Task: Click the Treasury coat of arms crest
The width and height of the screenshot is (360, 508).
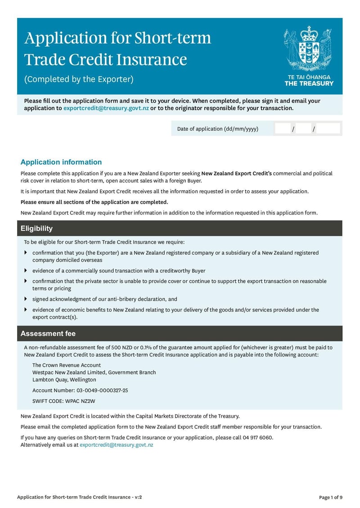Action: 309,49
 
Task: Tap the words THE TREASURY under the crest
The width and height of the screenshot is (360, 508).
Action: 309,83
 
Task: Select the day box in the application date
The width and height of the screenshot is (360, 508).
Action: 283,129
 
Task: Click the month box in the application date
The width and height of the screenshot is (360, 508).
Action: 304,129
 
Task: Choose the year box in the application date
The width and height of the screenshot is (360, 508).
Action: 328,129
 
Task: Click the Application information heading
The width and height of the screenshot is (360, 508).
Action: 61,162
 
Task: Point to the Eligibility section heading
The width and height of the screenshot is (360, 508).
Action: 36,228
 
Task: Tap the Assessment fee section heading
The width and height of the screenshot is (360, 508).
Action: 48,334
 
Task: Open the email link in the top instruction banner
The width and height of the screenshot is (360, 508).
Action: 106,108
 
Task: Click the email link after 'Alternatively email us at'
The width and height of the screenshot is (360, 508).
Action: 116,445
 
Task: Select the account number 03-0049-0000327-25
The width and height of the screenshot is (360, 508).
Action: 102,391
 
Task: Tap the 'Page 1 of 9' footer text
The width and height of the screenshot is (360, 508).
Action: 330,497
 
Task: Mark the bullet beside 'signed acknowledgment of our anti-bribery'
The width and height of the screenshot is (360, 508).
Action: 26,299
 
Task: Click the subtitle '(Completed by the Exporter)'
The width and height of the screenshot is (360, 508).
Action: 79,80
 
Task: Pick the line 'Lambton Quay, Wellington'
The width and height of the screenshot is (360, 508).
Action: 64,380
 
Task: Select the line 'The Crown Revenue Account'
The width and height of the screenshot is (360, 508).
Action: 67,365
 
